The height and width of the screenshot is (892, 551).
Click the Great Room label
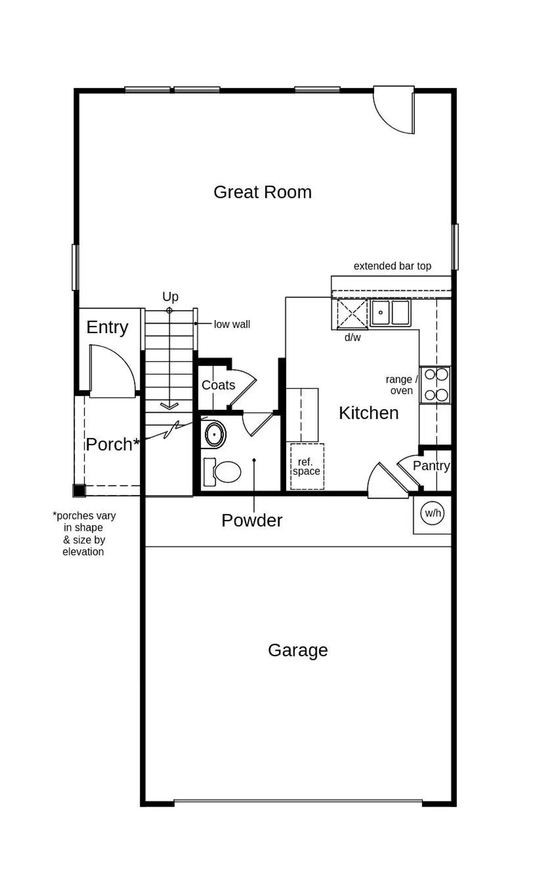[263, 192]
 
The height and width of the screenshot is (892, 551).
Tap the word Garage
[297, 650]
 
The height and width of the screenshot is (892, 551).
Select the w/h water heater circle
[432, 513]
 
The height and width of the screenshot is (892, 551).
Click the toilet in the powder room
[223, 471]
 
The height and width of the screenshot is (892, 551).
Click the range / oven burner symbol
[435, 385]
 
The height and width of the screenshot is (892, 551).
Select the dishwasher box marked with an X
[352, 314]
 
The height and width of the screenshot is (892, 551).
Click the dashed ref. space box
[307, 467]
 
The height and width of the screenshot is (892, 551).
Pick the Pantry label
[431, 466]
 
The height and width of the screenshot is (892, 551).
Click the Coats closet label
[218, 385]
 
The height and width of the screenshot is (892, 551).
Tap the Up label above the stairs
[170, 296]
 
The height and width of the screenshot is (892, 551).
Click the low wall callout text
[232, 324]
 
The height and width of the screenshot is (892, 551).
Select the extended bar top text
[392, 266]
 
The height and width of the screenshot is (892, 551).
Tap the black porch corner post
[79, 490]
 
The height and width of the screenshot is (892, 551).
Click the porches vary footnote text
[84, 533]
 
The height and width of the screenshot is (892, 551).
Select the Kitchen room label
[368, 413]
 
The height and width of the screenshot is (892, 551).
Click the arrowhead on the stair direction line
[169, 406]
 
